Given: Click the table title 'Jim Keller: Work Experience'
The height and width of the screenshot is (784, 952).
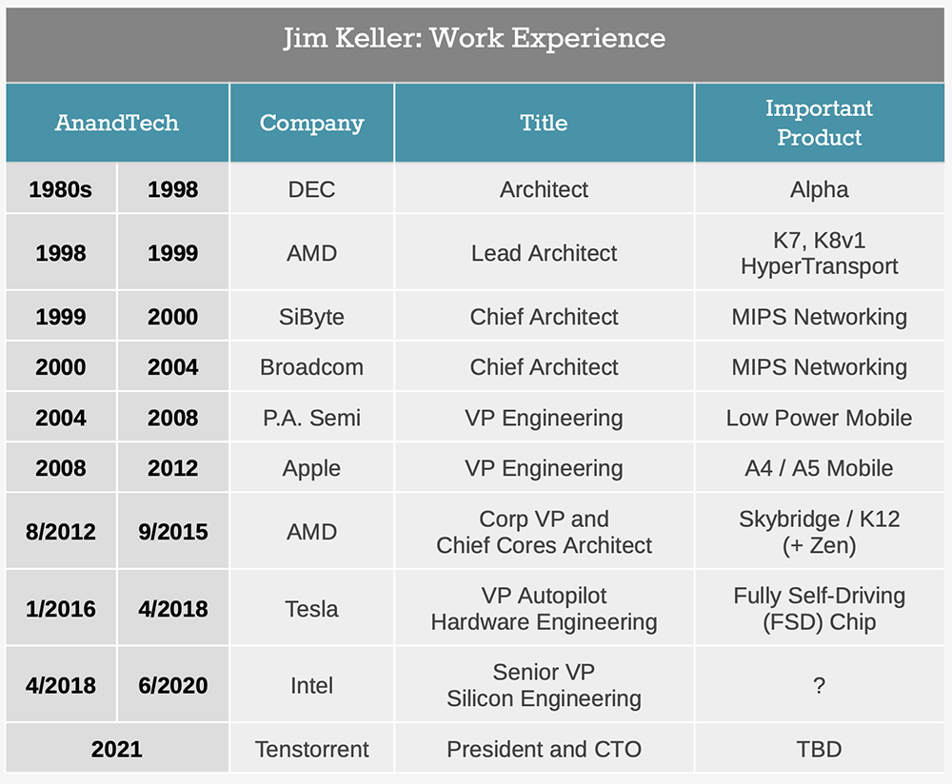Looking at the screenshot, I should pyautogui.click(x=474, y=39).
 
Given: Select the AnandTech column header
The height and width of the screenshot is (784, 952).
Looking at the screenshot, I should pyautogui.click(x=117, y=123).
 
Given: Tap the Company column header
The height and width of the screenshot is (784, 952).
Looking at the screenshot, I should pyautogui.click(x=311, y=123).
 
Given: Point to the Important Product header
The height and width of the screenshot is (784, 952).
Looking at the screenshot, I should pyautogui.click(x=819, y=123).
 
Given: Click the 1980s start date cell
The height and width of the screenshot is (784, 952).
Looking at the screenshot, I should pyautogui.click(x=61, y=189).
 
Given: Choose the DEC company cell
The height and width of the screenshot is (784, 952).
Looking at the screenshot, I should pyautogui.click(x=311, y=189).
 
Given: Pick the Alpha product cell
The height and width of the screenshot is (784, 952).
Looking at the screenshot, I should pyautogui.click(x=819, y=189).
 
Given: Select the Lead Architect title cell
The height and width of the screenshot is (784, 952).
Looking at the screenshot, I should pyautogui.click(x=544, y=253).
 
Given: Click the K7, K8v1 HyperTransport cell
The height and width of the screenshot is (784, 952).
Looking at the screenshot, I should pyautogui.click(x=819, y=253).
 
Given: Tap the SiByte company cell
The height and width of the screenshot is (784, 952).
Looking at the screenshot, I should pyautogui.click(x=311, y=317).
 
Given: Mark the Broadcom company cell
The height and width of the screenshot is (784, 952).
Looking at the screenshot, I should pyautogui.click(x=311, y=367).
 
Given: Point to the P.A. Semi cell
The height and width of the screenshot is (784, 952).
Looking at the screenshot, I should pyautogui.click(x=311, y=418).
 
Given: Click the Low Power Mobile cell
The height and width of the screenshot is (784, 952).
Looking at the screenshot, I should pyautogui.click(x=819, y=418).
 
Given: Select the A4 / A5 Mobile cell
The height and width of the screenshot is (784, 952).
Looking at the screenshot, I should pyautogui.click(x=819, y=468).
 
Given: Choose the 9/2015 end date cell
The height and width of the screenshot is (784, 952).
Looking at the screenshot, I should pyautogui.click(x=172, y=532).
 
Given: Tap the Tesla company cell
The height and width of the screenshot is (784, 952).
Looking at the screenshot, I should pyautogui.click(x=311, y=609).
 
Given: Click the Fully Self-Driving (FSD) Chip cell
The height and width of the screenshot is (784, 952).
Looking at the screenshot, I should pyautogui.click(x=819, y=609).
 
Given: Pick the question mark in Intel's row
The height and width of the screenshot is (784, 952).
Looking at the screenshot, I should pyautogui.click(x=819, y=686).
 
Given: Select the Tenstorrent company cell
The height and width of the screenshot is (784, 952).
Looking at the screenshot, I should pyautogui.click(x=311, y=749).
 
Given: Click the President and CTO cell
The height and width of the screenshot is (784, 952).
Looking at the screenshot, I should pyautogui.click(x=544, y=749).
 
